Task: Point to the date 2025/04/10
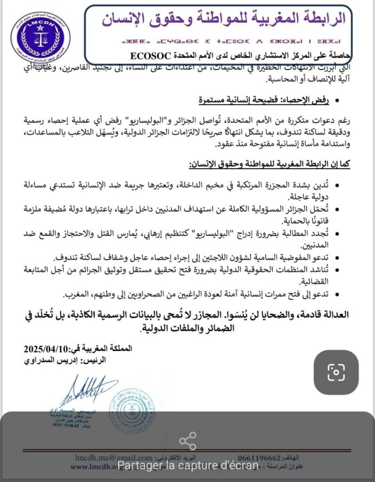point(47,349)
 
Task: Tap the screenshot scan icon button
point(336,372)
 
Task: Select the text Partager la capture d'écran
point(187,465)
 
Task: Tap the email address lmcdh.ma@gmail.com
point(113,458)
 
